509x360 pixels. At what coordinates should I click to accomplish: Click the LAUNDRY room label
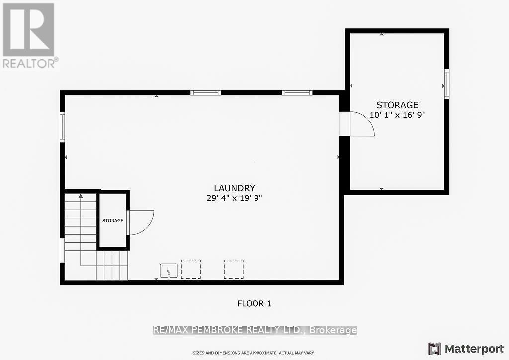pos(234,188)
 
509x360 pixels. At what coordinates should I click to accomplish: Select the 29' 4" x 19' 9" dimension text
pos(234,198)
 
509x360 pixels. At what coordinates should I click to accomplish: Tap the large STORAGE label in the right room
pos(397,105)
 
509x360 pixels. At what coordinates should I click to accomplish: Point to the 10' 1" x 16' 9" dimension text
pos(397,114)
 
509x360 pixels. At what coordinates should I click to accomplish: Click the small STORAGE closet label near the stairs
pos(113,220)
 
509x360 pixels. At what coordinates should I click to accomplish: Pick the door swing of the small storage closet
pos(141,222)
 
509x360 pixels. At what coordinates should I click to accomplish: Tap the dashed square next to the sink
pos(191,269)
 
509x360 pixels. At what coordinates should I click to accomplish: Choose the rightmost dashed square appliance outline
pos(233,269)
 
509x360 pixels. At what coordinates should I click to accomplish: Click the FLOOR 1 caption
pos(254,303)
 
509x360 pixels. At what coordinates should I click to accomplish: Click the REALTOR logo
pos(29,35)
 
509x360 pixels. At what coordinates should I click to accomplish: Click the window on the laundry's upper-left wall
pos(63,127)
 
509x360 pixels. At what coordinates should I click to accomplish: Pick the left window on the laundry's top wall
pos(206,93)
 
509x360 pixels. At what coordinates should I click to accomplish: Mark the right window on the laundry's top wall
pos(297,93)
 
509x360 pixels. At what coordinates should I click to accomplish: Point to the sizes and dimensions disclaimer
pos(254,353)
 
